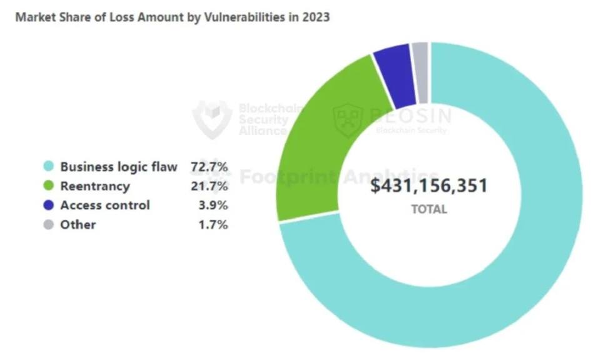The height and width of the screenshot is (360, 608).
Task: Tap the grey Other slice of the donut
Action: pos(420,72)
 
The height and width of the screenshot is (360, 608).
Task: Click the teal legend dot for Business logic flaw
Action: pos(48,167)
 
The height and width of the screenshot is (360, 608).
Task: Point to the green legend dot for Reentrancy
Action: pos(48,186)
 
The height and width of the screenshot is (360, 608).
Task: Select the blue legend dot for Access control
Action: pos(48,206)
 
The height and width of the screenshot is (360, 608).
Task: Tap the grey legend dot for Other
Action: pos(48,225)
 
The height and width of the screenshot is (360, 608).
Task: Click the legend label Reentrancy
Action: pos(94,186)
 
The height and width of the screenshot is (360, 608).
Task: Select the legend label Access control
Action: pos(104,206)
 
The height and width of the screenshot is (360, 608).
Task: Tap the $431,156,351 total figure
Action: pos(428,186)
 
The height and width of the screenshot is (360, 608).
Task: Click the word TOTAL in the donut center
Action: pos(428,209)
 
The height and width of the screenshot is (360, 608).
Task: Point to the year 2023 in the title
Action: pos(316,17)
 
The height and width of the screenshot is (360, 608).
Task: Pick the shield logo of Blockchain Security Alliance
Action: pos(212,119)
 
